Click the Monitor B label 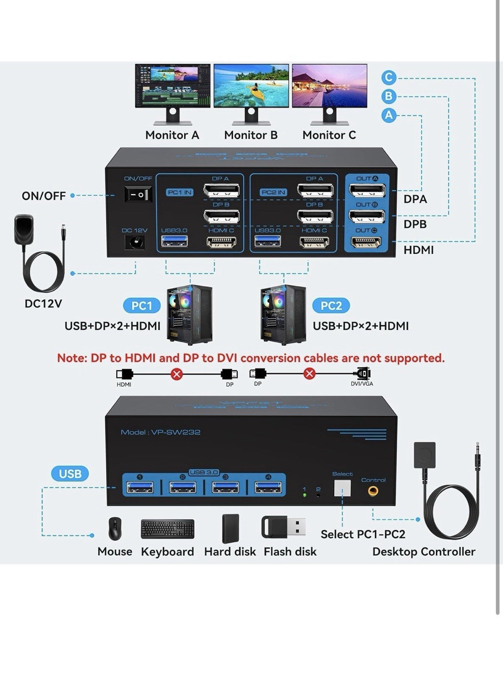[250, 135]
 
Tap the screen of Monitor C [329, 86]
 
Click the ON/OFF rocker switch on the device [138, 195]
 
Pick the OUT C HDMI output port [367, 242]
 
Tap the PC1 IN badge [180, 192]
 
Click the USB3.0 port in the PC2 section [268, 241]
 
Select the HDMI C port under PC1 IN [221, 242]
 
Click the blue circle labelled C [388, 78]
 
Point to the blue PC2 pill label [331, 306]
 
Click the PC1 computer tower [189, 314]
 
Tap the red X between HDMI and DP [177, 374]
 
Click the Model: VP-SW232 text [160, 432]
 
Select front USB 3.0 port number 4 [268, 487]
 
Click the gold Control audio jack [373, 491]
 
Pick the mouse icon [115, 528]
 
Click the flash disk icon [284, 527]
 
